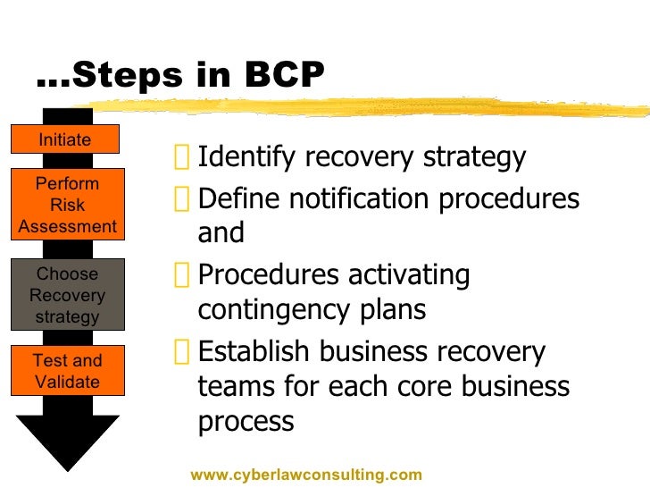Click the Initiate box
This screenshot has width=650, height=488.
tap(65, 139)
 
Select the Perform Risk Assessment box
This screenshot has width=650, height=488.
tap(68, 205)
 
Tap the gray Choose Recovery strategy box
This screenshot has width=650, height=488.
tap(67, 295)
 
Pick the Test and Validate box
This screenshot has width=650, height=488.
tap(67, 371)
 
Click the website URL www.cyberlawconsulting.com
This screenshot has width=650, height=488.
tap(305, 475)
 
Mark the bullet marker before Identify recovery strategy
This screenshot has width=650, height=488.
tap(182, 159)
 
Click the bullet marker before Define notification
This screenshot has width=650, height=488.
tap(182, 199)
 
